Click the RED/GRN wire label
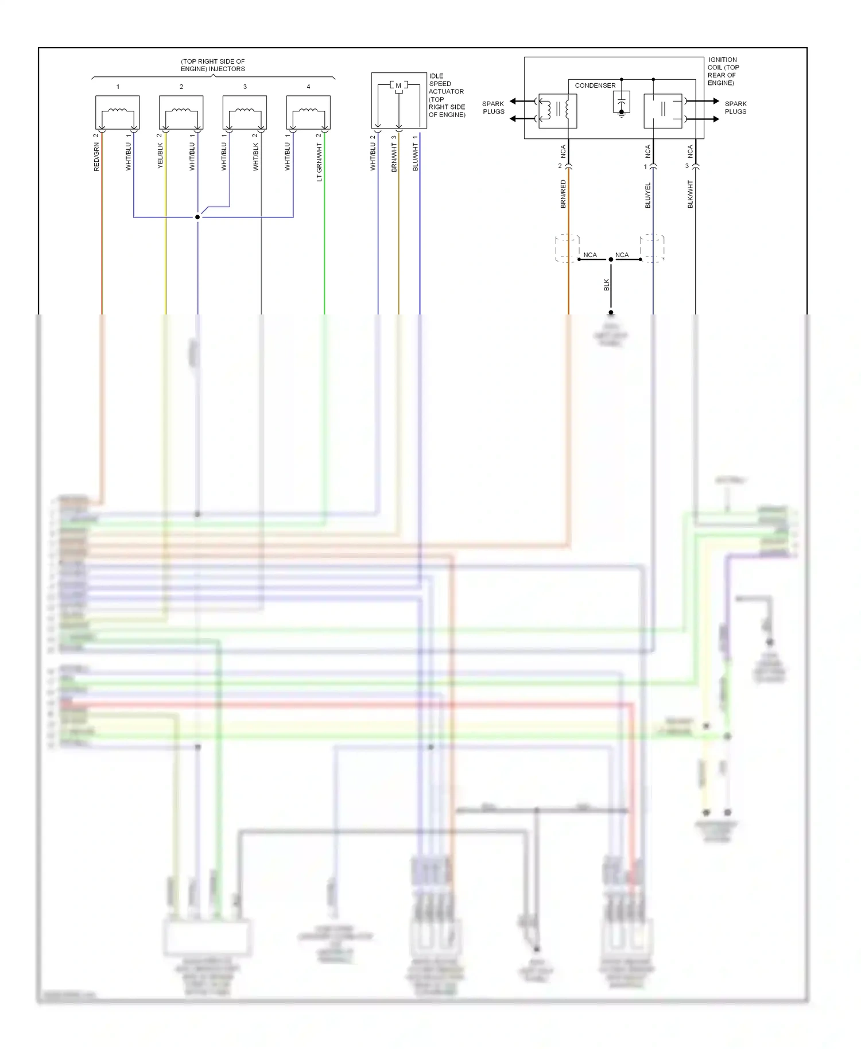[x=96, y=157]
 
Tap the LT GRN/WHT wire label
[x=319, y=162]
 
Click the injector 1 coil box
[x=117, y=112]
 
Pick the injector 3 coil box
[x=245, y=112]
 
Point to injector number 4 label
[x=308, y=87]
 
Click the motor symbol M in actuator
[x=398, y=86]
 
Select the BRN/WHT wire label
[x=394, y=157]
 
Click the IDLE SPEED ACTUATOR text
[x=447, y=95]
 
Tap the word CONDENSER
[x=595, y=86]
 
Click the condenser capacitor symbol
[x=621, y=103]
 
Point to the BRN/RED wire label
[x=563, y=193]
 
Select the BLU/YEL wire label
[x=647, y=195]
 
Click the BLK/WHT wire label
[x=690, y=194]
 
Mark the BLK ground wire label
[x=606, y=285]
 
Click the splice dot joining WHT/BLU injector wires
[x=197, y=217]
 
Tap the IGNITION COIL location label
[x=723, y=71]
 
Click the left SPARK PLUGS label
[x=493, y=107]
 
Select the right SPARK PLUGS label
[x=735, y=107]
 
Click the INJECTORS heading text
[x=213, y=65]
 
